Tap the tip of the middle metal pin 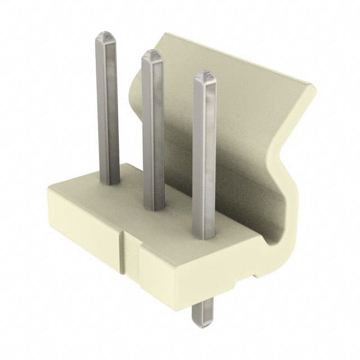pos(151,54)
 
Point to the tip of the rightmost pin pos(205,74)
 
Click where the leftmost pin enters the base pos(110,182)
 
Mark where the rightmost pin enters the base pos(204,235)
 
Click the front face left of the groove pos(84,231)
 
